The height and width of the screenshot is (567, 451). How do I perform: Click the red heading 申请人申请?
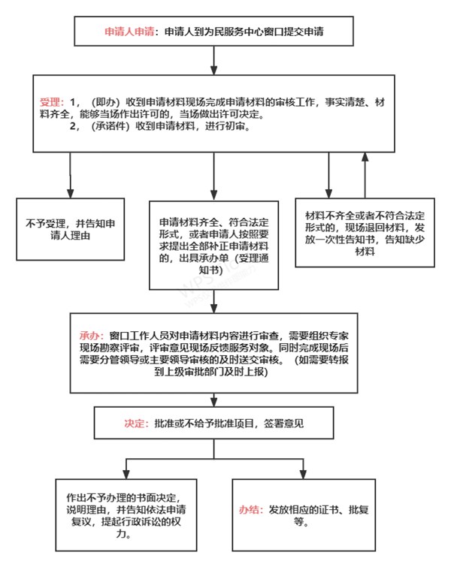129,32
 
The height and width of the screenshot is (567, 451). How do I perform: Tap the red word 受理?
50,102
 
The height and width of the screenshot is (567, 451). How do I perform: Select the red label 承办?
89,336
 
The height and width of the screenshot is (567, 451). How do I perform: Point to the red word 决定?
134,424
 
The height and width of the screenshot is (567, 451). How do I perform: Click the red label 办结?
249,510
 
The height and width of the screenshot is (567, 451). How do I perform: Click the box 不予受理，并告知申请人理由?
71,229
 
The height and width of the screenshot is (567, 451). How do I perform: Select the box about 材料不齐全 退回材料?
365,233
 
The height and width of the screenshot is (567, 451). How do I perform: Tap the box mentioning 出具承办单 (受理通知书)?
214,246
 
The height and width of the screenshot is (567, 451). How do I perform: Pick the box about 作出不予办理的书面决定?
126,515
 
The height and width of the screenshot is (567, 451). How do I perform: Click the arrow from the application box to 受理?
214,60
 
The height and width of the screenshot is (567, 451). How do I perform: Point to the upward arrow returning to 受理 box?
365,175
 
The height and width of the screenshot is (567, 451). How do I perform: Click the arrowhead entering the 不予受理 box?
70,194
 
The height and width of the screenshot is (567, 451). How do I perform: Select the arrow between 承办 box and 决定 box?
214,400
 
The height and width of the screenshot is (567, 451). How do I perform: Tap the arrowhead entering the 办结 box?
304,475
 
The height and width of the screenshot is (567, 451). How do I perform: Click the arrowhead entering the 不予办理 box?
126,475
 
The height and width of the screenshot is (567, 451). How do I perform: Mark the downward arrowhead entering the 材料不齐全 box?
328,194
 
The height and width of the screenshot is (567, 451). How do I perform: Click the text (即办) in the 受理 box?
105,102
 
